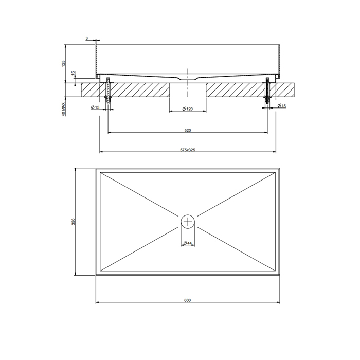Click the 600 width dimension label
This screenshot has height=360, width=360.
point(187,300)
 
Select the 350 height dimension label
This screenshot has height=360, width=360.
point(73,221)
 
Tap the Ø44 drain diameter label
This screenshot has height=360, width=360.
point(188,243)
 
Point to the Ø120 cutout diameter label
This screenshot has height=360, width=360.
point(187,109)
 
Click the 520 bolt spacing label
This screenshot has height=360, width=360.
point(188,131)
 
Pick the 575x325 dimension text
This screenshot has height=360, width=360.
point(188,150)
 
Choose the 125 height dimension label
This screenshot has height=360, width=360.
point(64,64)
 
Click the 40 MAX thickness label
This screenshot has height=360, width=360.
point(64,109)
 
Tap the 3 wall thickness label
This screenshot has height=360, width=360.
point(87,39)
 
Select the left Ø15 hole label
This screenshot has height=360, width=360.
point(95,107)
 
